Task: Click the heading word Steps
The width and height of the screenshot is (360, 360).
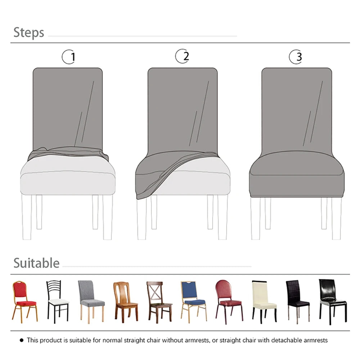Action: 29,32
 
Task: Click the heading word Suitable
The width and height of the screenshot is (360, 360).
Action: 36,263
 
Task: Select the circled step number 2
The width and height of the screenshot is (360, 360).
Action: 183,56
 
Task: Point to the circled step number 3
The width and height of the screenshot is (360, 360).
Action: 296,57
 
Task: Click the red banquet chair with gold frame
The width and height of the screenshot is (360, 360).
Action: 24,301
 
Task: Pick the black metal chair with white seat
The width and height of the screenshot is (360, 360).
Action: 57,301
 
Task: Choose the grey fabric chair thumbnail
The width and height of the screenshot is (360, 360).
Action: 90,301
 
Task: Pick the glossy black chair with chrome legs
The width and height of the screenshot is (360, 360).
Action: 332,301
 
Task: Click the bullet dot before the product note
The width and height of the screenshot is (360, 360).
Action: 22,340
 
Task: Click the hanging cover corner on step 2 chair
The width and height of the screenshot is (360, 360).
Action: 144,191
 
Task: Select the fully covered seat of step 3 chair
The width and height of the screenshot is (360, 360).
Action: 296,164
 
